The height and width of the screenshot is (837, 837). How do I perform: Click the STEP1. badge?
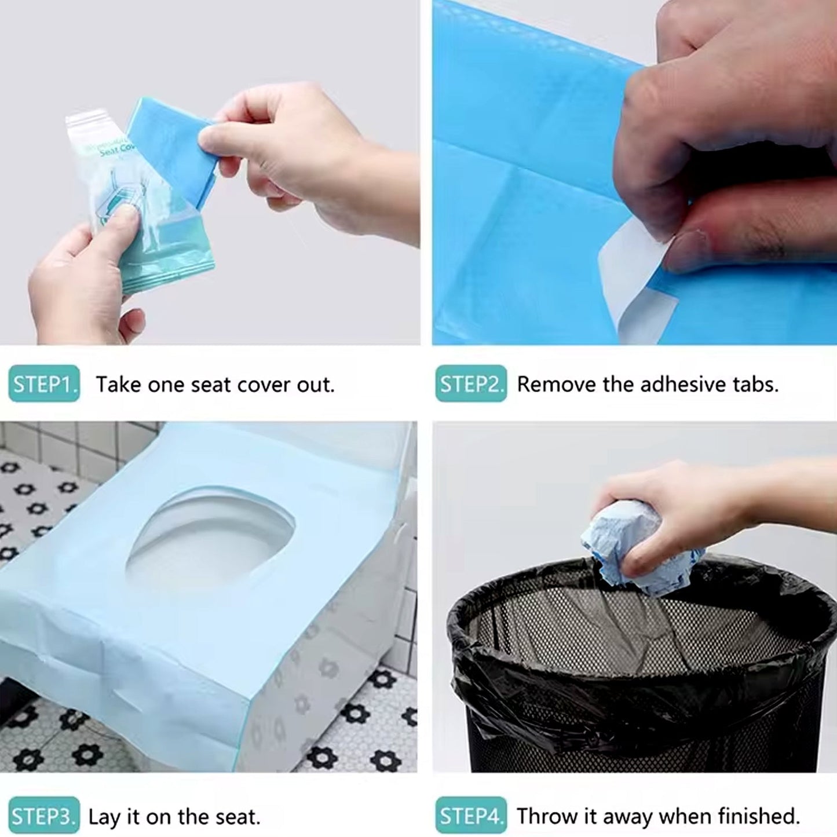(x=44, y=384)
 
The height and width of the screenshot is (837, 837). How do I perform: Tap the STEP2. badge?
(x=471, y=384)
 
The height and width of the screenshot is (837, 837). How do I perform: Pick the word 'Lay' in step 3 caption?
(x=105, y=817)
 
